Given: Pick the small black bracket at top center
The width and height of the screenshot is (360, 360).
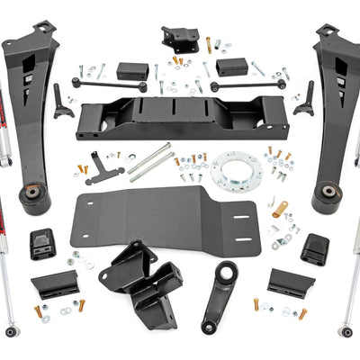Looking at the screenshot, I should [x=179, y=38].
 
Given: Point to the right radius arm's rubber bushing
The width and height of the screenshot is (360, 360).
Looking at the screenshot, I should [x=325, y=196].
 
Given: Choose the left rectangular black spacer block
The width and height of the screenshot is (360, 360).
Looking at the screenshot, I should [x=133, y=69].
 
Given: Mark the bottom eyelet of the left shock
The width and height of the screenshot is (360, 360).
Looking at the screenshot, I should [x=10, y=331].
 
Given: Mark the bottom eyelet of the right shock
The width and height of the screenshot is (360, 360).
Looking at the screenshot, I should [x=346, y=331].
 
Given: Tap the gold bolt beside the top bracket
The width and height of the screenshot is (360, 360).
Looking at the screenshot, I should [x=209, y=44].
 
